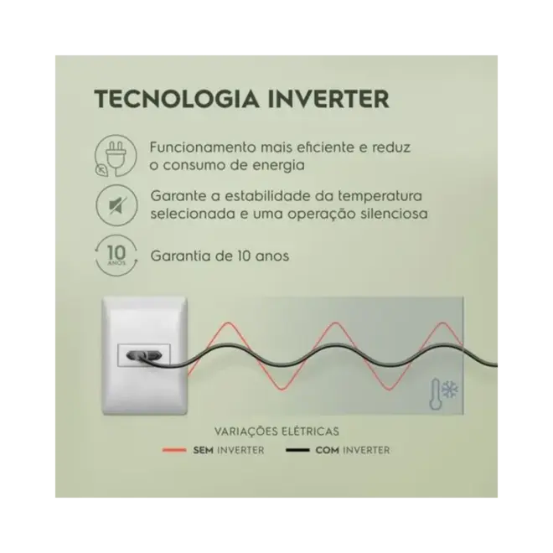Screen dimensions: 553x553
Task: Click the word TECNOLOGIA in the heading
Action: pos(177,99)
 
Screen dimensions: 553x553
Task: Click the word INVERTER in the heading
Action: pos(328,99)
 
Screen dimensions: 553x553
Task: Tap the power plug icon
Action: pos(115,156)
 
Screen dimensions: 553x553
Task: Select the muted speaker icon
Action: pos(116,205)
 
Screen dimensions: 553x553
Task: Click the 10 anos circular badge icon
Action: pos(116,255)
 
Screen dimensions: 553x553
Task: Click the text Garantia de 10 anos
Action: pos(220,256)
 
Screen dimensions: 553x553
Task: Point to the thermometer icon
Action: pos(435,394)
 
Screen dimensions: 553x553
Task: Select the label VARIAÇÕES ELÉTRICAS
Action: pos(276,432)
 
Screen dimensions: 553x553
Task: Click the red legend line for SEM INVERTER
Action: pos(174,450)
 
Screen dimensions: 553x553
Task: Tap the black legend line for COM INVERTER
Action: pos(297,450)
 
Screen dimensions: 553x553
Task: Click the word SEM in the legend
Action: pos(203,451)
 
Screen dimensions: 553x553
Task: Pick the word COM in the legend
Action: pos(327,451)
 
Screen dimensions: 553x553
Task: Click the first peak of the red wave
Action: pos(229,323)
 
